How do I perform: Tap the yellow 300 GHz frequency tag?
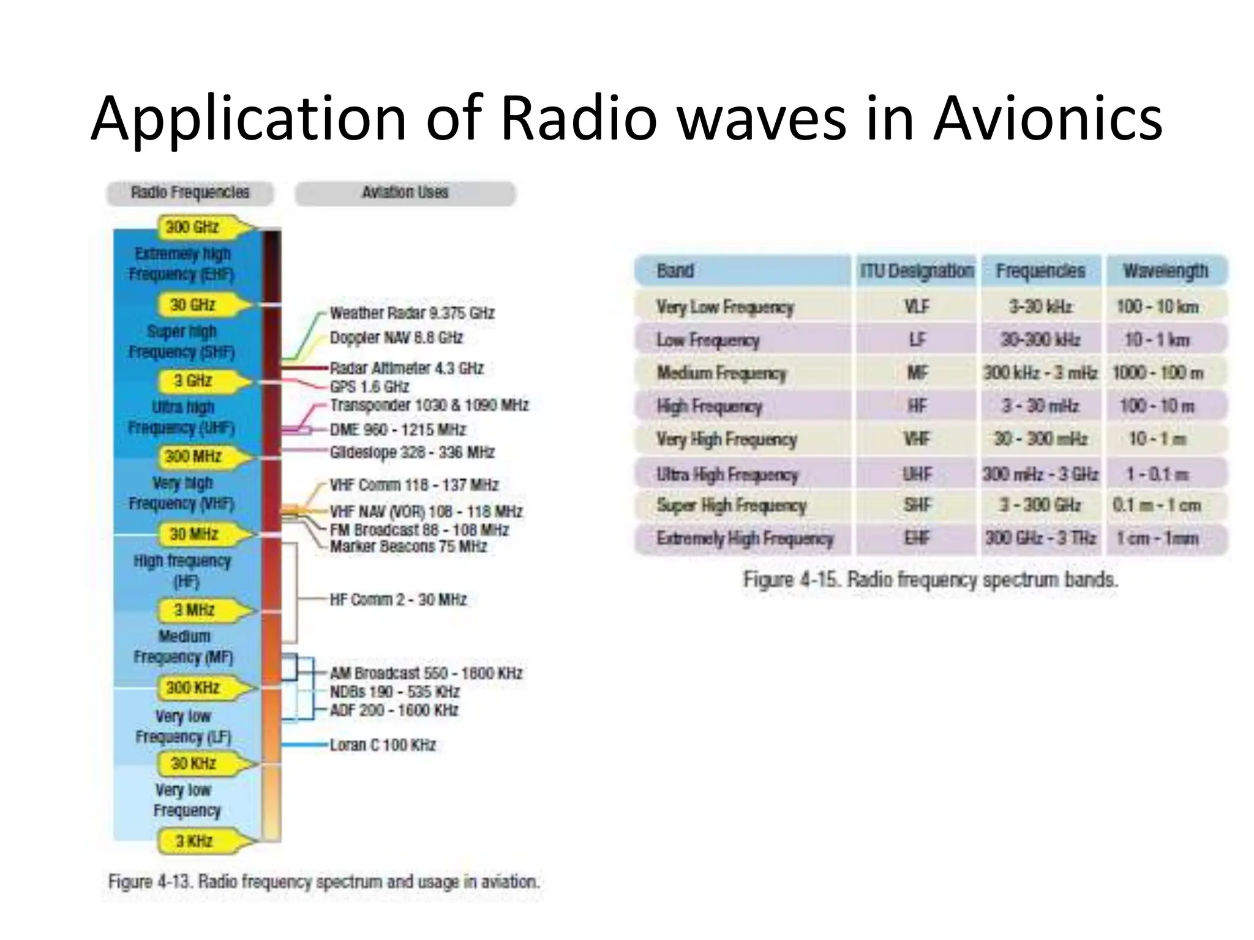194,227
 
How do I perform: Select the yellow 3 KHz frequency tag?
195,841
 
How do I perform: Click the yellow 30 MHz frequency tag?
195,534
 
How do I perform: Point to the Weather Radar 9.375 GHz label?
411,313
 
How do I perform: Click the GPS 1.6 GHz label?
369,387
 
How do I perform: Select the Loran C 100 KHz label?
382,745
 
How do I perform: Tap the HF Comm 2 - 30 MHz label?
398,599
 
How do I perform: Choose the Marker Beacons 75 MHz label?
408,546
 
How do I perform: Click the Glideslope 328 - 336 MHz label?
411,452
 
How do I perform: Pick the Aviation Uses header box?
405,193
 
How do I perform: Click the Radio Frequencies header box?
190,193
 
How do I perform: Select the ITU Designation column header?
916,270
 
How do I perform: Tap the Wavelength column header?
1165,270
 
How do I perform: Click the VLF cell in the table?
916,306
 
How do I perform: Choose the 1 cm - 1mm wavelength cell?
1157,538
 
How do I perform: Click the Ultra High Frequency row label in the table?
727,474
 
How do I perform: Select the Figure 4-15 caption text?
930,579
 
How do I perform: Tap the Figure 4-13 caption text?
323,882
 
